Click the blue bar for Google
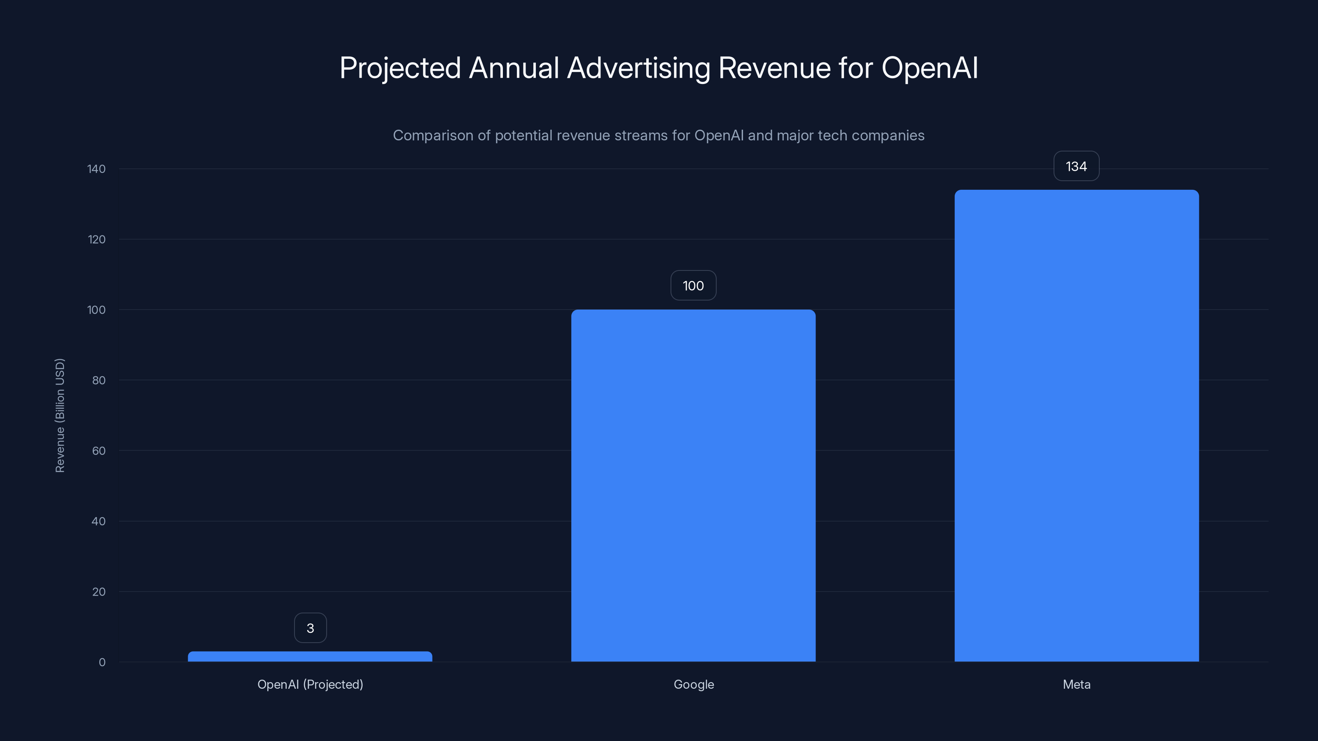(x=693, y=486)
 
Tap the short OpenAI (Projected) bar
(x=310, y=657)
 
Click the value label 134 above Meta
(x=1076, y=166)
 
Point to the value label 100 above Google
(x=693, y=285)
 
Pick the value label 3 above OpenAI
(x=310, y=628)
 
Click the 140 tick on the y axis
(x=96, y=169)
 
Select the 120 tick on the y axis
(x=96, y=239)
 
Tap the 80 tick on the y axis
(x=98, y=380)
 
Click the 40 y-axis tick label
(x=98, y=522)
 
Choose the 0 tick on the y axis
(x=102, y=663)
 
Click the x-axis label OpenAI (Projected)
(x=310, y=685)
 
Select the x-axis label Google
(x=693, y=685)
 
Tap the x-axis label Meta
(x=1077, y=685)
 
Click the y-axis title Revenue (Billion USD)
(x=60, y=415)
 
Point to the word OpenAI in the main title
(x=929, y=68)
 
